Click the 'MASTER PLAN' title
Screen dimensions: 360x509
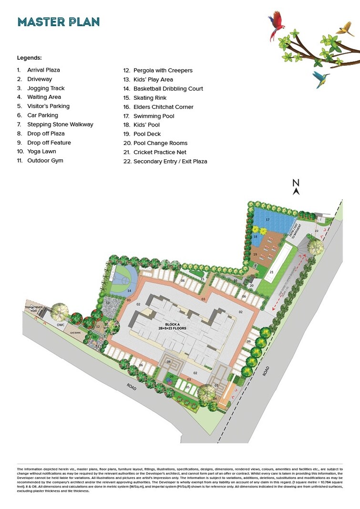click(58, 22)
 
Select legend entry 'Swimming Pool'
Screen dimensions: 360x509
click(154, 116)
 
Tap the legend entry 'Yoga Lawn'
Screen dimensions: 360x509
click(41, 151)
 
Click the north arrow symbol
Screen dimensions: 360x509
click(296, 187)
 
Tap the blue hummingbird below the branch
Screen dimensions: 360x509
click(320, 78)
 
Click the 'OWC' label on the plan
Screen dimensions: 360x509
click(61, 325)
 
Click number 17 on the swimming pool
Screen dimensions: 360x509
click(267, 219)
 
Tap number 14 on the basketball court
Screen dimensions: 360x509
click(128, 290)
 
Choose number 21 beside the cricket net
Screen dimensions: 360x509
click(271, 272)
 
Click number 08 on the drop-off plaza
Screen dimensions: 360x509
click(169, 362)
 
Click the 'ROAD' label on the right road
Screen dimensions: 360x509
click(266, 371)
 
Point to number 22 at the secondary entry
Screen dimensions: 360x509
click(316, 230)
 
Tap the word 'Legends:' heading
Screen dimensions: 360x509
click(30, 58)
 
